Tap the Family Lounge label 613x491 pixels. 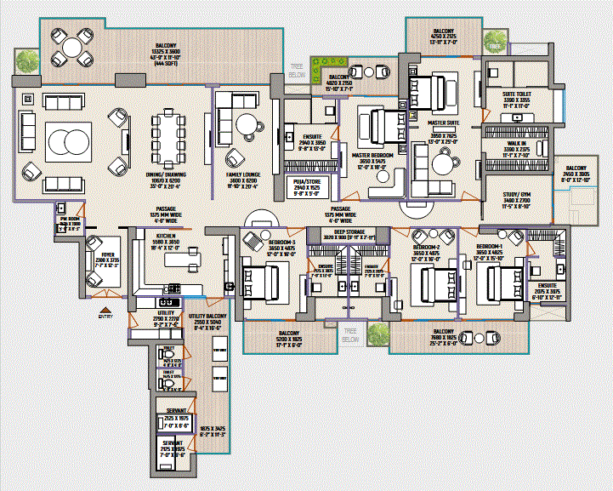[x=243, y=174]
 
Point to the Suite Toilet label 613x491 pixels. [x=516, y=94]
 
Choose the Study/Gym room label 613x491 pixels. [x=516, y=195]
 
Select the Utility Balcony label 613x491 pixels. [x=207, y=315]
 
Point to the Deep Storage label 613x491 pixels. [x=349, y=231]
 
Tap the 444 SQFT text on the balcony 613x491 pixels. [x=165, y=62]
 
